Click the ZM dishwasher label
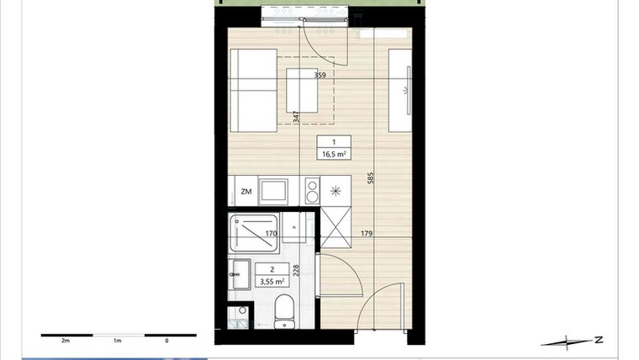click(246, 192)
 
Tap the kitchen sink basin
click(274, 191)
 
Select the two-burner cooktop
click(310, 191)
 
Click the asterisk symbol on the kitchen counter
click(335, 191)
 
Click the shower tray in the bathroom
click(254, 235)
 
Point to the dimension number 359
click(319, 76)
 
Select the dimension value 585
click(370, 178)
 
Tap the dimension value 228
click(296, 272)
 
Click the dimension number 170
click(271, 235)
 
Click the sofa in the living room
click(253, 90)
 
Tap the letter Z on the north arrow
click(598, 340)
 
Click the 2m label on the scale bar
click(65, 341)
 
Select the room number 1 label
click(334, 142)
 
